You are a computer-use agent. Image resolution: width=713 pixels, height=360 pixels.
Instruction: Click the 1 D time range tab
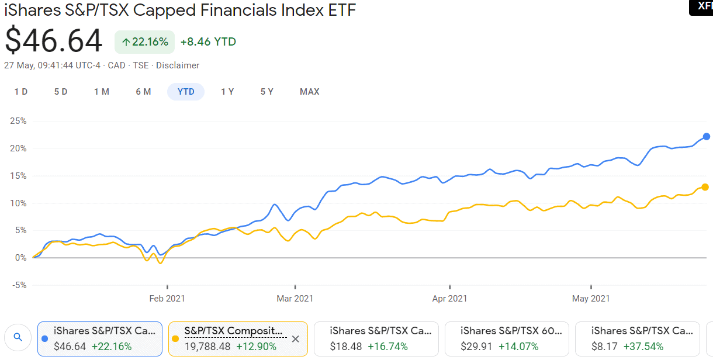(x=21, y=92)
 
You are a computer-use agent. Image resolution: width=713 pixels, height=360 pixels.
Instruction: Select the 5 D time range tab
(x=61, y=92)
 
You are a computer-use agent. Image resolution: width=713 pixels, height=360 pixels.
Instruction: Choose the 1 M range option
(x=102, y=92)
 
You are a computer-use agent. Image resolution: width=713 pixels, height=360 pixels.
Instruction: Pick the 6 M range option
(x=143, y=92)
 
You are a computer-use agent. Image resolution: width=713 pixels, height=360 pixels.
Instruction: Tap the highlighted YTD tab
(x=186, y=92)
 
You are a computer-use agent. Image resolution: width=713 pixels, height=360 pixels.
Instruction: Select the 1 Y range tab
(x=227, y=92)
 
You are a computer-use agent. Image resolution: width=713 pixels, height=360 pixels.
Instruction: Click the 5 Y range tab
(x=267, y=92)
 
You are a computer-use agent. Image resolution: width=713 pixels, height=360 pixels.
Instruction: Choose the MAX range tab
(x=310, y=92)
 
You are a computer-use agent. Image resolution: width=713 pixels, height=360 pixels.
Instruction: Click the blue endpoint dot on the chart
(x=707, y=136)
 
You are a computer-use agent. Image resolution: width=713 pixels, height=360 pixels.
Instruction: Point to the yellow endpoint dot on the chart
(x=705, y=187)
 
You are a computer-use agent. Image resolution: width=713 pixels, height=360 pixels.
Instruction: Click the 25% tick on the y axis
(x=18, y=122)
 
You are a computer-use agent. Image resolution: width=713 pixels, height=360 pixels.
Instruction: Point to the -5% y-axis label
(x=18, y=285)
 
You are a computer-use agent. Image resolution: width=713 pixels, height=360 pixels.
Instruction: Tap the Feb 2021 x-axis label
(x=167, y=299)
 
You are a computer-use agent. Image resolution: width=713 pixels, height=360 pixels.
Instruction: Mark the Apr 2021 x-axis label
(x=450, y=299)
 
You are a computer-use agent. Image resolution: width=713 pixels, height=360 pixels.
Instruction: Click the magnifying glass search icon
(x=18, y=337)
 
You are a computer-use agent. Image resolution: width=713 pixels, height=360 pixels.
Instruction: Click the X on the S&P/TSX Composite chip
(x=295, y=339)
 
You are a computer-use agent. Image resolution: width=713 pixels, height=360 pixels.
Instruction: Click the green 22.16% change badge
(x=145, y=42)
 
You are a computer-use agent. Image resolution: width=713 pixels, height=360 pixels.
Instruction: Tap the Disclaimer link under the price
(x=178, y=65)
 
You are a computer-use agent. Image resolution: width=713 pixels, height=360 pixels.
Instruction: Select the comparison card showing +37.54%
(x=637, y=339)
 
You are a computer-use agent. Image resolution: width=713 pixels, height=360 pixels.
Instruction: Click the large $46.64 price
(x=54, y=41)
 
